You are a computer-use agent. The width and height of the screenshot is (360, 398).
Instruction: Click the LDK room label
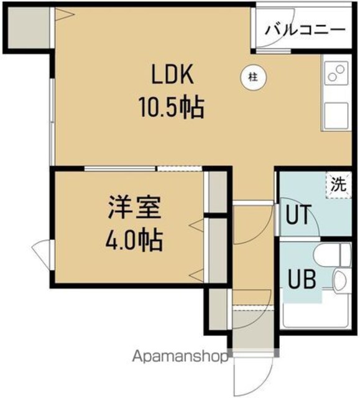pyautogui.click(x=172, y=75)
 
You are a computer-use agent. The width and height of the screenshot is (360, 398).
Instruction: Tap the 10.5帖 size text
pyautogui.click(x=172, y=108)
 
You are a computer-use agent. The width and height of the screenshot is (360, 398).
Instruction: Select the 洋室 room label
pyautogui.click(x=135, y=207)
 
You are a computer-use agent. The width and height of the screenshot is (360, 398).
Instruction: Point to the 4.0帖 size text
pyautogui.click(x=134, y=240)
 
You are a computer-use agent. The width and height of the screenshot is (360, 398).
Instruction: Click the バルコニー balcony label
pyautogui.click(x=305, y=30)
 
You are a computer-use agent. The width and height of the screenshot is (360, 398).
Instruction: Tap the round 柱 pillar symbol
pyautogui.click(x=254, y=77)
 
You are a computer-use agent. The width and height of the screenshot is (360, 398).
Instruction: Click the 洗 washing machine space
pyautogui.click(x=339, y=185)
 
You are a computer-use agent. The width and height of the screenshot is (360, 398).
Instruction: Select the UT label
pyautogui.click(x=298, y=215)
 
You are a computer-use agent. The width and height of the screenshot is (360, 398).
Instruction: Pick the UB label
pyautogui.click(x=302, y=279)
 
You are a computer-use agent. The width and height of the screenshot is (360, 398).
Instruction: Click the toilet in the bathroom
pyautogui.click(x=332, y=254)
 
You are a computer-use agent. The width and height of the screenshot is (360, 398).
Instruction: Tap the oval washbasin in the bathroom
pyautogui.click(x=341, y=280)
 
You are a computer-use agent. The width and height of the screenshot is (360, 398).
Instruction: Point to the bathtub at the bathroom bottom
pyautogui.click(x=317, y=309)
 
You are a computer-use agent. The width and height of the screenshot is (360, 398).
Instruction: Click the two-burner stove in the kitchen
pyautogui.click(x=336, y=73)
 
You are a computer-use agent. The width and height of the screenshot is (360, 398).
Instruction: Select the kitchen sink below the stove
pyautogui.click(x=336, y=115)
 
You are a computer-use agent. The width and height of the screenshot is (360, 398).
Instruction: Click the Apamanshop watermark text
pyautogui.click(x=180, y=356)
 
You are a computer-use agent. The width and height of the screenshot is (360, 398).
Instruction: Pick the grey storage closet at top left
pyautogui.click(x=29, y=27)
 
